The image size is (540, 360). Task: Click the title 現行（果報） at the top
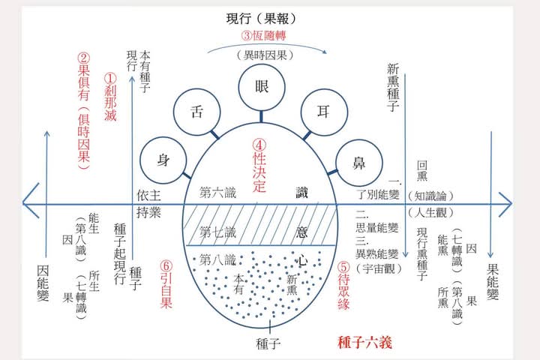click(x=262, y=18)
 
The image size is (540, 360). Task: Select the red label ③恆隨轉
click(x=264, y=35)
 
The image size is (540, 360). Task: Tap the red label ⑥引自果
click(x=166, y=284)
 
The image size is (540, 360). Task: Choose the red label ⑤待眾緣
click(x=343, y=286)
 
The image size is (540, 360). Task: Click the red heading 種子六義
click(x=365, y=343)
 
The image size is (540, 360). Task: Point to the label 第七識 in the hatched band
click(x=218, y=232)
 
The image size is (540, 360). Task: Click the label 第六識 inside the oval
click(x=218, y=193)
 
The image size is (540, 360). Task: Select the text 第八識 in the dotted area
click(x=218, y=260)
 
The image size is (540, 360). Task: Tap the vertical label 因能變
click(x=43, y=283)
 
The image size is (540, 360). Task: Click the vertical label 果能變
click(x=493, y=281)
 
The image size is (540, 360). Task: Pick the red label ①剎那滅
click(x=110, y=97)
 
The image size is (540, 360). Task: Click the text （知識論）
click(x=430, y=196)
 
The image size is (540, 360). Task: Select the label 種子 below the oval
click(x=268, y=343)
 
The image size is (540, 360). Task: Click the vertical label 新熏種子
click(x=393, y=88)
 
